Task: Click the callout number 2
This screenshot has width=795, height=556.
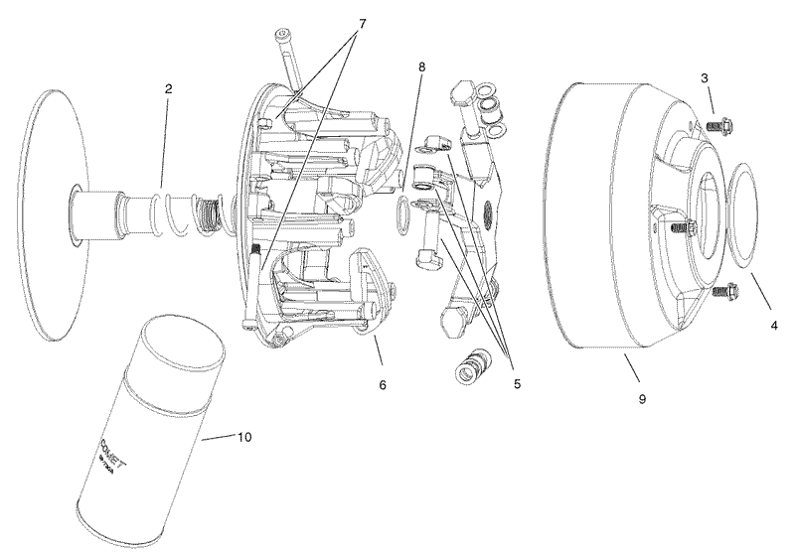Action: [169, 88]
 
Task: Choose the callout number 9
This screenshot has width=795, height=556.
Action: [642, 398]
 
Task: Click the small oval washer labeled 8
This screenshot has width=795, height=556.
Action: [401, 216]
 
